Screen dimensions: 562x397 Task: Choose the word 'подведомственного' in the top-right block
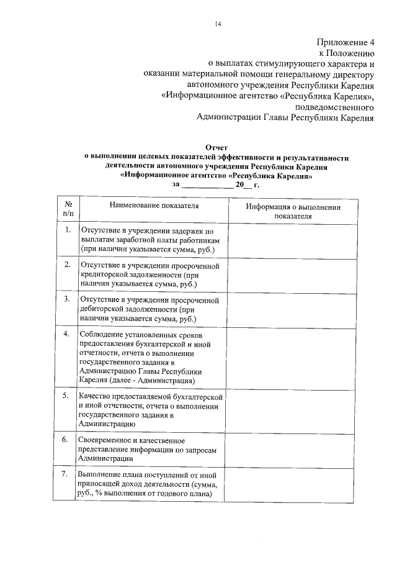coord(336,106)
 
